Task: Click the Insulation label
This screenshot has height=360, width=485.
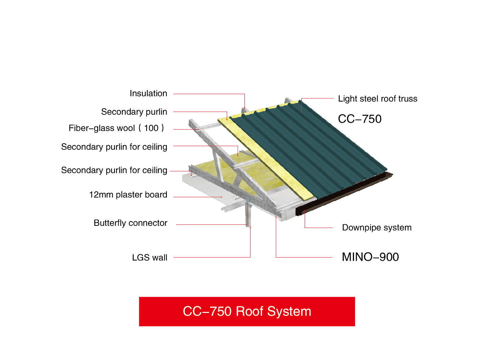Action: pyautogui.click(x=148, y=93)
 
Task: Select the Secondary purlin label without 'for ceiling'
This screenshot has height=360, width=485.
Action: pyautogui.click(x=134, y=112)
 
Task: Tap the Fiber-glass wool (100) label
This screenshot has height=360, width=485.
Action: pyautogui.click(x=116, y=128)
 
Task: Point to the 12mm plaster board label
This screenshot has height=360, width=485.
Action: pyautogui.click(x=128, y=195)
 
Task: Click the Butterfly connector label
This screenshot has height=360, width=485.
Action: pyautogui.click(x=130, y=223)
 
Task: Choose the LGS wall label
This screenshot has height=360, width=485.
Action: pyautogui.click(x=150, y=257)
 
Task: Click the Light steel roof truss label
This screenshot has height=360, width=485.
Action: pyautogui.click(x=378, y=99)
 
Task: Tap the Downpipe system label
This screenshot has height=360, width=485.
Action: pyautogui.click(x=377, y=228)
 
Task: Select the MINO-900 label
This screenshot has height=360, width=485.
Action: pyautogui.click(x=370, y=257)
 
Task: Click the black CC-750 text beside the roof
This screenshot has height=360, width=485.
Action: pyautogui.click(x=360, y=119)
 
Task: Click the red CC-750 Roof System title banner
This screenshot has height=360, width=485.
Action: pyautogui.click(x=247, y=312)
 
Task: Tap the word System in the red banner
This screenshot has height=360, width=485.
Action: pyautogui.click(x=289, y=312)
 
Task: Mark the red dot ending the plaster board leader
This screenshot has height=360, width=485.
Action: pyautogui.click(x=221, y=197)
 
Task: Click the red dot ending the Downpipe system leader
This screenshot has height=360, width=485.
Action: pyautogui.click(x=305, y=211)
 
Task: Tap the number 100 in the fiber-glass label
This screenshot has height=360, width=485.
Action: pyautogui.click(x=151, y=128)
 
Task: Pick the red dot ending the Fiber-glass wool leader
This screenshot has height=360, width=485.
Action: pyautogui.click(x=198, y=130)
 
